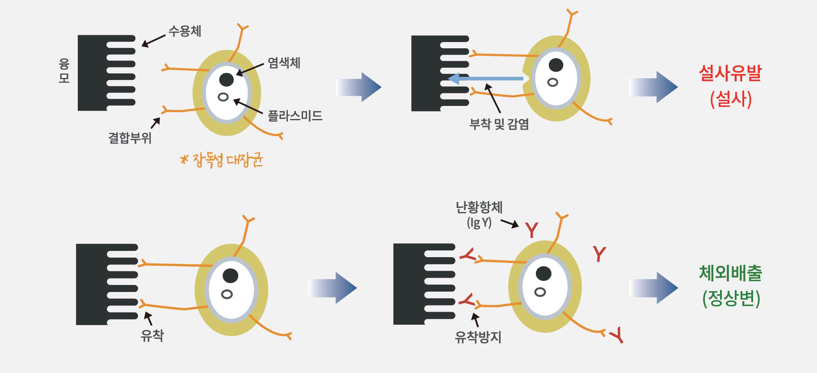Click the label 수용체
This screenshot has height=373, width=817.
185,31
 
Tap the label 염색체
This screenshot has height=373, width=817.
284,63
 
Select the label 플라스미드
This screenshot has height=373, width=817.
295,116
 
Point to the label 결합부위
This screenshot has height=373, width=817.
130,138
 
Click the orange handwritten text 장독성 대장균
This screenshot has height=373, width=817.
222,160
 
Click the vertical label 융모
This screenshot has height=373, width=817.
64,71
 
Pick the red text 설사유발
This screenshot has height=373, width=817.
730,73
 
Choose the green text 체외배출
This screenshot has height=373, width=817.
730,273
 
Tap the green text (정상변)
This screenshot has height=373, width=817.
731,299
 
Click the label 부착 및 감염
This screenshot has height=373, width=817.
499,124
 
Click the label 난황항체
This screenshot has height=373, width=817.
479,207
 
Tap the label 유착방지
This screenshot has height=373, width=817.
478,337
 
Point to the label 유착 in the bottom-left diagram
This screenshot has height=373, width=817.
152,335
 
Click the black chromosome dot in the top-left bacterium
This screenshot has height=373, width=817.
226,80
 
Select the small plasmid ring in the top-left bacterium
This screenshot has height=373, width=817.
223,97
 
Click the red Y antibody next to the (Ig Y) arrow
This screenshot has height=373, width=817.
531,230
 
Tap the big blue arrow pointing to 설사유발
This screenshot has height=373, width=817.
653,87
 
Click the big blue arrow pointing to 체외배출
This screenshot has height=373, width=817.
653,288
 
